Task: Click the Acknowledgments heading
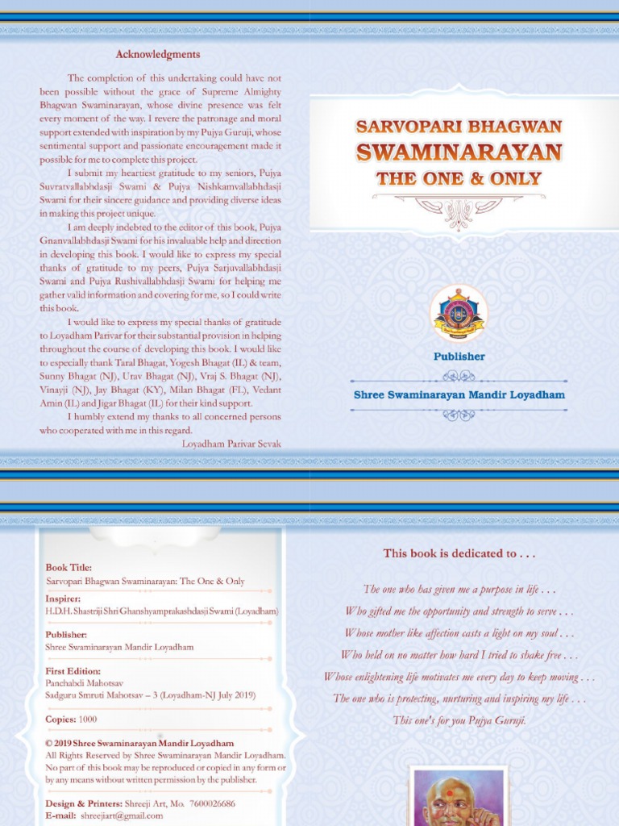click(157, 55)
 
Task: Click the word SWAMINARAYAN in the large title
click(459, 152)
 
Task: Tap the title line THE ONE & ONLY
click(459, 179)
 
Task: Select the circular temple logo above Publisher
click(459, 313)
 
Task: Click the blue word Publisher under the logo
click(459, 356)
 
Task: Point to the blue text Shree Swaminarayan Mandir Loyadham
click(459, 394)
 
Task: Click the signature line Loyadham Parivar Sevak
click(231, 444)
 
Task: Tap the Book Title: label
click(69, 568)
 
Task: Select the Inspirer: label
click(63, 599)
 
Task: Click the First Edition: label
click(73, 671)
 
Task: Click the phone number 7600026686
click(209, 803)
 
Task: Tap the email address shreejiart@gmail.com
click(122, 816)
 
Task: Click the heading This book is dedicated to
click(459, 553)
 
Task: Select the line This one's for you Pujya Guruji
click(459, 720)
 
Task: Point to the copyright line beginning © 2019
click(139, 744)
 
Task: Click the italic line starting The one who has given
click(459, 590)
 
